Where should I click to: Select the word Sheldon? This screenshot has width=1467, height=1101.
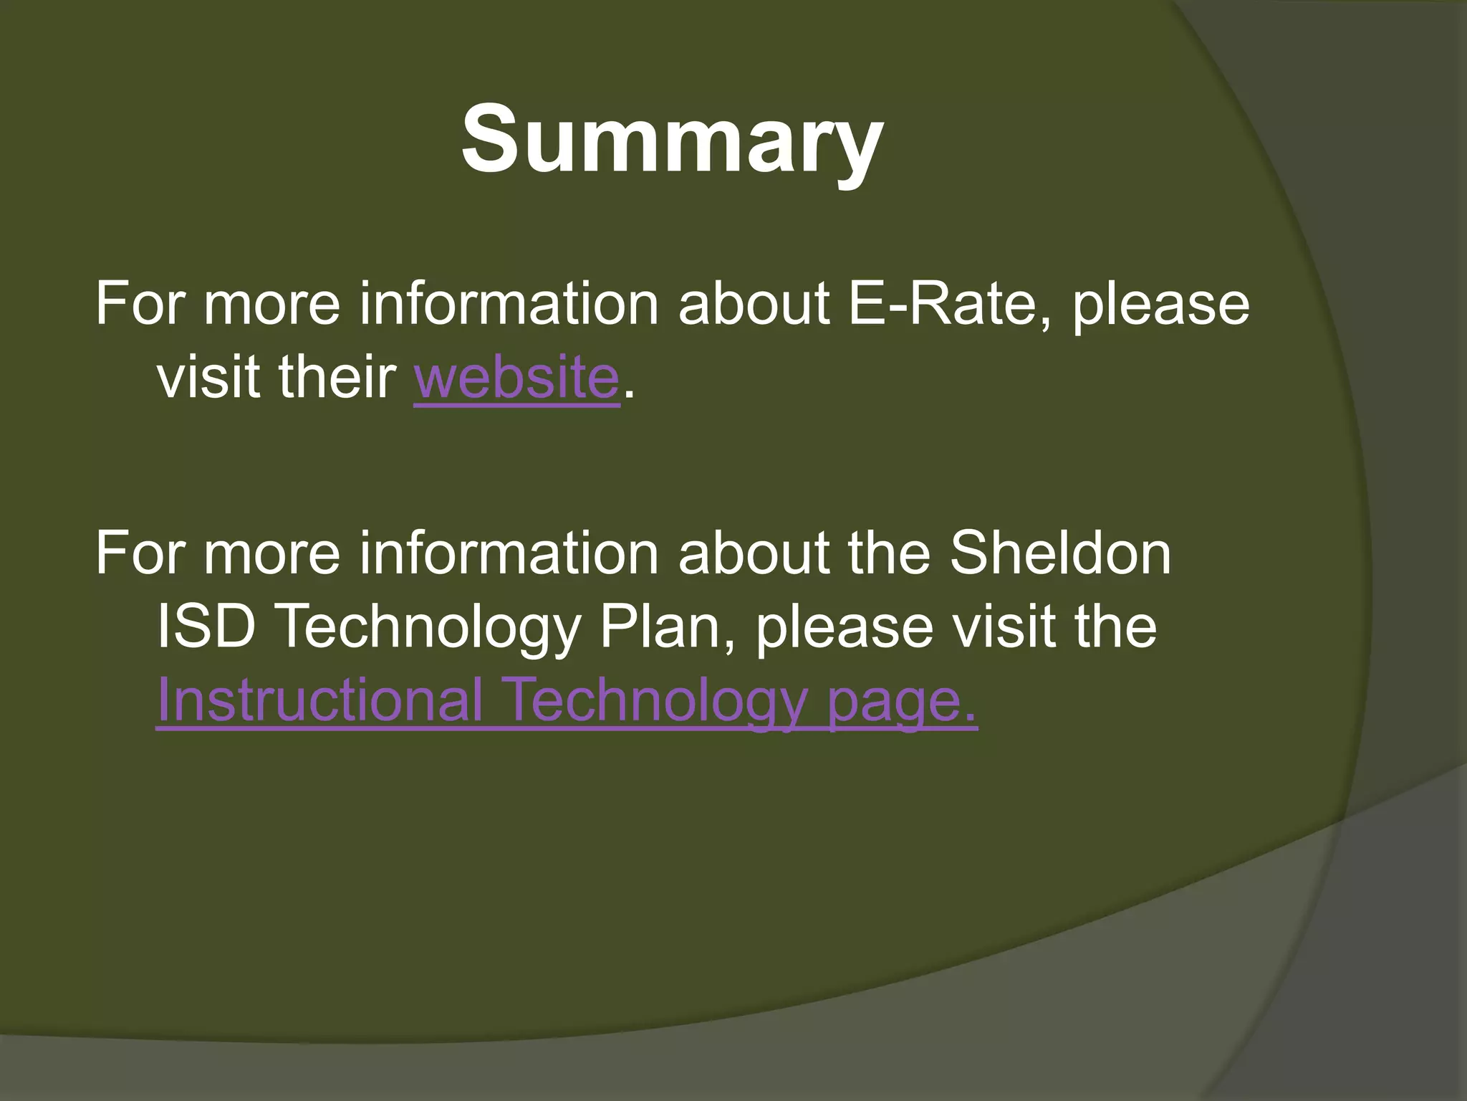[x=1060, y=553]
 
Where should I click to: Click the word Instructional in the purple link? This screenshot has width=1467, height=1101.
[x=319, y=700]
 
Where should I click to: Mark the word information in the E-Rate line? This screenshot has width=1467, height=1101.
[x=509, y=304]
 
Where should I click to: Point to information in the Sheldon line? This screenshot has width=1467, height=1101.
[x=509, y=553]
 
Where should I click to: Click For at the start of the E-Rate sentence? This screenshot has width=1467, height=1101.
[x=140, y=304]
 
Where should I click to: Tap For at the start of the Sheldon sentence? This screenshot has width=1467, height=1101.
[x=140, y=553]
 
